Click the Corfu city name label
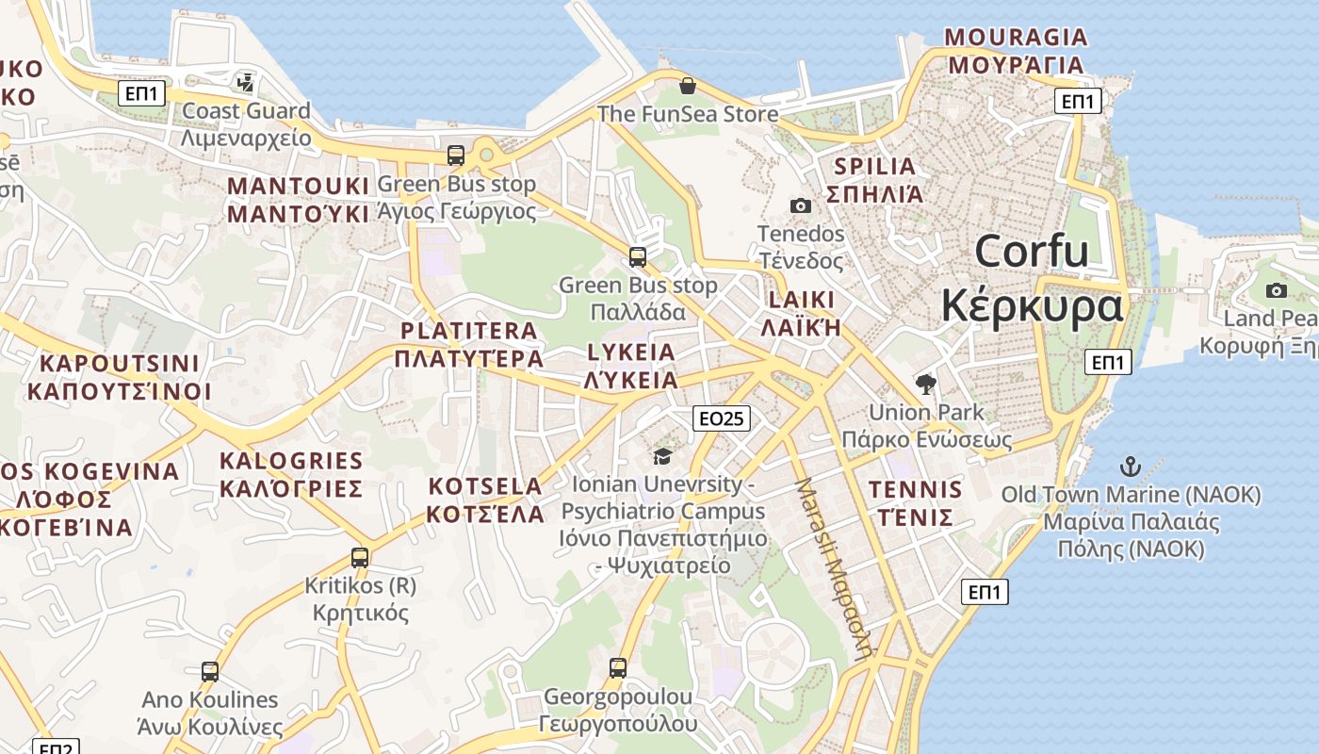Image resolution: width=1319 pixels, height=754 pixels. [1033, 279]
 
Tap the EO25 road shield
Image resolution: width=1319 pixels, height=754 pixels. [721, 418]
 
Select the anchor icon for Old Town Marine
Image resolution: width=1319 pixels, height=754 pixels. [1130, 467]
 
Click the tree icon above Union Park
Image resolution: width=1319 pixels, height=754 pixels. [926, 384]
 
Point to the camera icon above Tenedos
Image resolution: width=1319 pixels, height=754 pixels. [800, 205]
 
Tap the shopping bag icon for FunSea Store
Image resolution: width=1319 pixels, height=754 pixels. [688, 86]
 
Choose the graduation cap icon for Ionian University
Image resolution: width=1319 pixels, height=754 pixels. [662, 456]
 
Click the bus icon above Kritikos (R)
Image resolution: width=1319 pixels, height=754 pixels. [359, 557]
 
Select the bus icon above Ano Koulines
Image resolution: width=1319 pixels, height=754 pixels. [210, 671]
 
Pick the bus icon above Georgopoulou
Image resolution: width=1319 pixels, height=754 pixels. [617, 668]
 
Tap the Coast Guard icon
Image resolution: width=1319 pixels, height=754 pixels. [246, 83]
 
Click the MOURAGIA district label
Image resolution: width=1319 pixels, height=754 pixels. [1016, 51]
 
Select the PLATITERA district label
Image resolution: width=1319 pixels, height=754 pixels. [469, 344]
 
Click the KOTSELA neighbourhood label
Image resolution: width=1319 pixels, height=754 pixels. [485, 500]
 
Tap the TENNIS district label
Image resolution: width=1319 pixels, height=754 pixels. [916, 503]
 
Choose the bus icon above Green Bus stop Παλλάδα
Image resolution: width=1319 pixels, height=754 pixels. [638, 256]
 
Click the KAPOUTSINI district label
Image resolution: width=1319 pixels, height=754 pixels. [120, 377]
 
